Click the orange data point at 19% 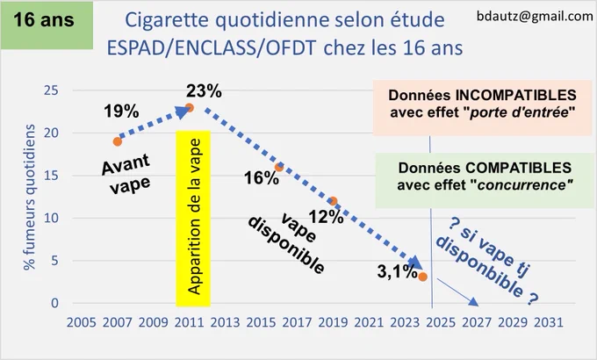coord(118,141)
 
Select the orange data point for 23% coord(190,108)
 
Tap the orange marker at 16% coord(279,167)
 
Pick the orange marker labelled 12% coord(333,201)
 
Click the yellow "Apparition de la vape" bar coord(193,219)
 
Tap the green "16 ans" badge coord(47,25)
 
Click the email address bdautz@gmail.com coord(535,16)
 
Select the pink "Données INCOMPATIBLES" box coord(482,108)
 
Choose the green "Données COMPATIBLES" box coord(485,181)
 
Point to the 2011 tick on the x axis coord(189,322)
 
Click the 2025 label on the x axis coord(441,322)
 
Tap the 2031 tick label coord(549,322)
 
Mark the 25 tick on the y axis coord(52,90)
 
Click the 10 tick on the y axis coord(52,219)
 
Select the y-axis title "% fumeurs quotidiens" coord(29,198)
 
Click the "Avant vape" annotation coord(127,173)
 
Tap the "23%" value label coord(204,91)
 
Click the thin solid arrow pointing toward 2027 coord(457,292)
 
